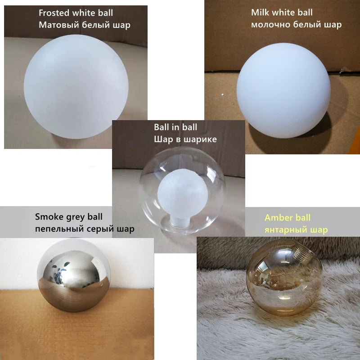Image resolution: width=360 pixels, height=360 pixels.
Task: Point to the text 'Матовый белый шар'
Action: (84, 25)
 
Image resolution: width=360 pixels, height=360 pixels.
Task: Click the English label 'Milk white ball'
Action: (282, 13)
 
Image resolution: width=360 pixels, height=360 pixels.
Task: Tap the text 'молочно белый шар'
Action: (296, 24)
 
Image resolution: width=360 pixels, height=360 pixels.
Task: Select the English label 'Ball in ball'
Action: (175, 127)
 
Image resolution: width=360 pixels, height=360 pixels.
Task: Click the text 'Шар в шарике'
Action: (185, 139)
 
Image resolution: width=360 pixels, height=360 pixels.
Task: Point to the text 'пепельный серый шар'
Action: (84, 229)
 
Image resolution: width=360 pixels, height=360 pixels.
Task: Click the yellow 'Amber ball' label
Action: (288, 218)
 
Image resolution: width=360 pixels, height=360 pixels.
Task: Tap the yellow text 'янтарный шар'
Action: (296, 230)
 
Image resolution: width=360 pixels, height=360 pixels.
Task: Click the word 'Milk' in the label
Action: (259, 13)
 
